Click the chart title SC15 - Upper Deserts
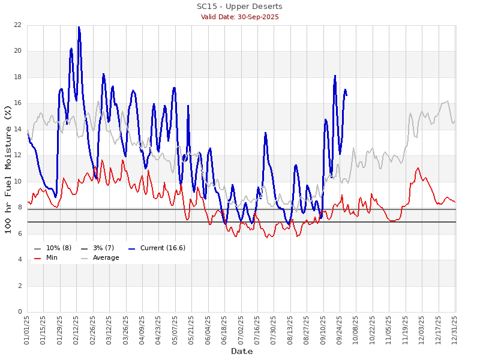click(239, 7)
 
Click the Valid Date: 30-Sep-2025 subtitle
click(239, 17)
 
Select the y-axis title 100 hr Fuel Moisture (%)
click(8, 169)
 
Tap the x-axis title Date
click(242, 351)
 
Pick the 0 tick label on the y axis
click(19, 312)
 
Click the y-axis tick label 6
click(19, 234)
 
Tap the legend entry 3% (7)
click(101, 248)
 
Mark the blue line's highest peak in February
click(79, 27)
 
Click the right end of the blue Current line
click(346, 95)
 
